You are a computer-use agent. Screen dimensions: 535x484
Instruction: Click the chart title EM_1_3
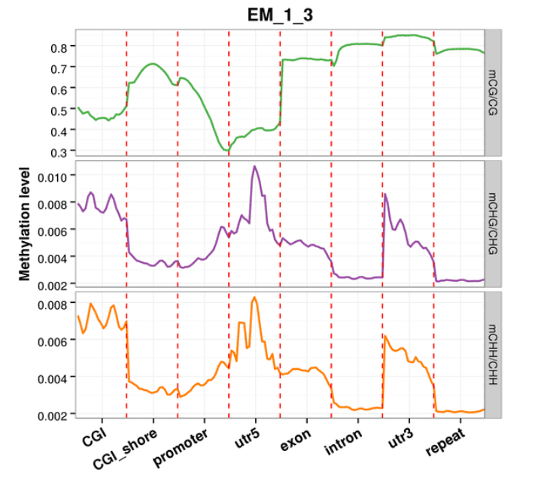click(280, 15)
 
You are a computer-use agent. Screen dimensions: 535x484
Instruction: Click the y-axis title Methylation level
click(25, 224)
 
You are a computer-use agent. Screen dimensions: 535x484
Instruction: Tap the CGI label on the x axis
click(95, 438)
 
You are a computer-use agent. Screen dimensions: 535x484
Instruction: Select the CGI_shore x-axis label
click(125, 449)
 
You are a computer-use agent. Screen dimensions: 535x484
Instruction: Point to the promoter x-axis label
click(181, 447)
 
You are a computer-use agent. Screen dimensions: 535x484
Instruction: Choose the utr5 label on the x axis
click(248, 438)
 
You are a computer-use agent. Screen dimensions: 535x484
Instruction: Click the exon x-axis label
click(296, 440)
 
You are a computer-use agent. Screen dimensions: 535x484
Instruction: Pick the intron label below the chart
click(344, 442)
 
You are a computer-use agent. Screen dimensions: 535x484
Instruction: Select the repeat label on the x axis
click(445, 442)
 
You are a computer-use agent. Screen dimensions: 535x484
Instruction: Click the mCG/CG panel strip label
click(493, 92)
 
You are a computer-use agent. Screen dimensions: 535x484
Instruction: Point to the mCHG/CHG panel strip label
click(493, 224)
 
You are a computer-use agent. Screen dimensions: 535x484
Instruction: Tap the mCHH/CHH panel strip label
click(493, 355)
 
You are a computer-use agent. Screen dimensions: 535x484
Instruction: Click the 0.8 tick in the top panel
click(59, 48)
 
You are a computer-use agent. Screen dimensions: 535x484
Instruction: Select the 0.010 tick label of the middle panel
click(52, 177)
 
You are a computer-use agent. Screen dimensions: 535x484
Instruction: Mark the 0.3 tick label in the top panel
click(59, 153)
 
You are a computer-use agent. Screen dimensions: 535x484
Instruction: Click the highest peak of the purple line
click(254, 166)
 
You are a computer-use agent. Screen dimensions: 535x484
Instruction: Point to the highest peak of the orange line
click(254, 297)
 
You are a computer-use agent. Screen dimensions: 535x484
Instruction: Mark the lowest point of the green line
click(226, 150)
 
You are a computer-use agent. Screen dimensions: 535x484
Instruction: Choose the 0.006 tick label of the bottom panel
click(52, 341)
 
